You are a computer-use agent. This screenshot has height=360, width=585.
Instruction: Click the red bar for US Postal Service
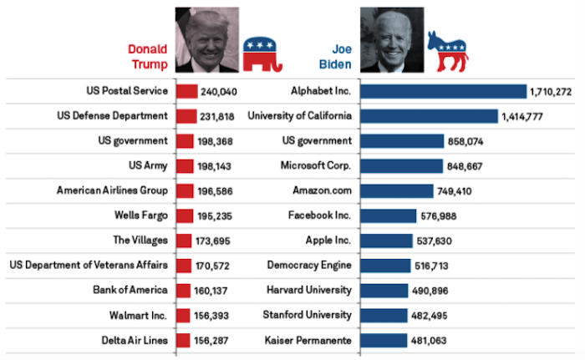tap(187, 91)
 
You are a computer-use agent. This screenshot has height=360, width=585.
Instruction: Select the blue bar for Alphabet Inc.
tap(444, 91)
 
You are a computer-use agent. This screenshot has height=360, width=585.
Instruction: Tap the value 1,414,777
tap(522, 116)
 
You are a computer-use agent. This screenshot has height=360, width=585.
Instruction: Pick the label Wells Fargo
tap(141, 215)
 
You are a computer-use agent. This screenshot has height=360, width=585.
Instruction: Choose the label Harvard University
tap(309, 290)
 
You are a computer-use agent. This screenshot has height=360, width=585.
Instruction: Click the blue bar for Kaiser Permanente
tap(384, 340)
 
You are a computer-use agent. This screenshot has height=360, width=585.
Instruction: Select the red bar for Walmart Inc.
tap(184, 315)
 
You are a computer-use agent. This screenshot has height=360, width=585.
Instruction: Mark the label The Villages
tap(140, 241)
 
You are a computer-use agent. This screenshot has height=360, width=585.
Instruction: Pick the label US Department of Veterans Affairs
tap(89, 266)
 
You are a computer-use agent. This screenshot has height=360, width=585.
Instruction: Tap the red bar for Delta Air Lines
tap(184, 340)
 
